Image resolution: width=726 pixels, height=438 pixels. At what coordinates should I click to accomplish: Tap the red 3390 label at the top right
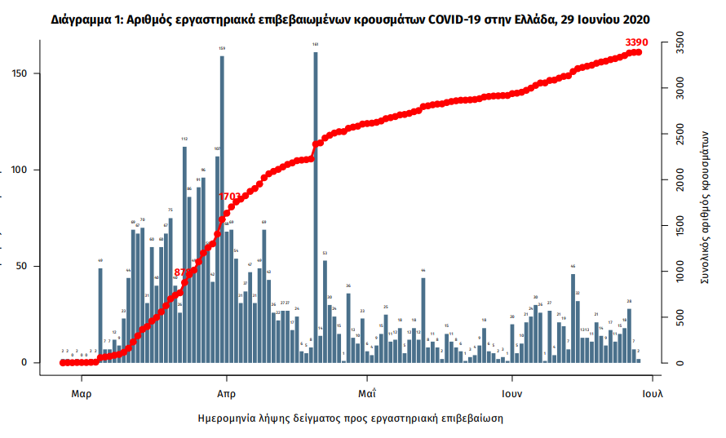point(636,42)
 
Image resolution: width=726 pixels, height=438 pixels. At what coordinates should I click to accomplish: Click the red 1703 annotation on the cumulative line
point(230,197)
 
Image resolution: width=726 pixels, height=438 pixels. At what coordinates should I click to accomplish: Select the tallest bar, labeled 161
point(316,204)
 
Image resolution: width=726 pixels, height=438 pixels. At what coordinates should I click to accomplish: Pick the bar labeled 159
point(222,208)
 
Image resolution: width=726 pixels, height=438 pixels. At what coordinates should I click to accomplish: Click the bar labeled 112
point(184,253)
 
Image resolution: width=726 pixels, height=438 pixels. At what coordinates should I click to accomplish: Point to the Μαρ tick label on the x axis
point(81,392)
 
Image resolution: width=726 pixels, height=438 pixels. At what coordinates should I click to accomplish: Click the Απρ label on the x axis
point(226,392)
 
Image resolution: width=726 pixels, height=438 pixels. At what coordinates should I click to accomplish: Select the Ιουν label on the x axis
point(512,392)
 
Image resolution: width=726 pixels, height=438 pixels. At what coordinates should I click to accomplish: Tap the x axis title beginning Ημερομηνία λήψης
point(351,418)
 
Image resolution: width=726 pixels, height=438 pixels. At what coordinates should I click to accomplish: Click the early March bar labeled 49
point(100,315)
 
